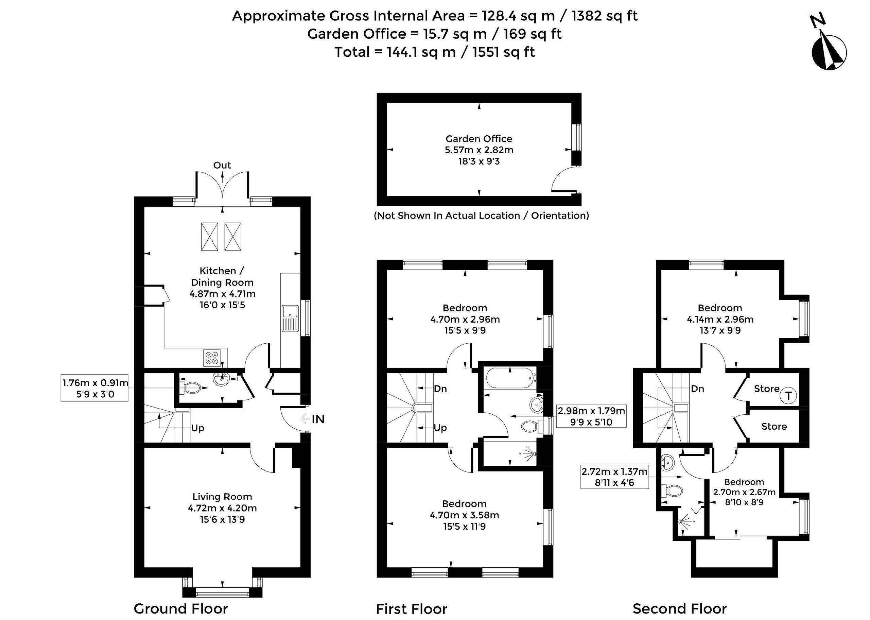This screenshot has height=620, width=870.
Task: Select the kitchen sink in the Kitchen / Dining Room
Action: [290, 318]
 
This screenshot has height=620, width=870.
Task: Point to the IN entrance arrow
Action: [305, 419]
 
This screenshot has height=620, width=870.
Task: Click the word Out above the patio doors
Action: [222, 165]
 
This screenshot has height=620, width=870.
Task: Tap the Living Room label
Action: [222, 497]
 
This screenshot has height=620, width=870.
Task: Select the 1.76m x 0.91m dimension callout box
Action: [94, 388]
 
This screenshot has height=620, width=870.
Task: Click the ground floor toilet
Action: [192, 388]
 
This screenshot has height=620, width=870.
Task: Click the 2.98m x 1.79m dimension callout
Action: [591, 416]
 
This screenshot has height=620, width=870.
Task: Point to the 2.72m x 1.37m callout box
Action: [614, 477]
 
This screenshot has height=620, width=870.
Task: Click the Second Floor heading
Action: [680, 608]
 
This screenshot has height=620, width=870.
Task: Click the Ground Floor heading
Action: [180, 608]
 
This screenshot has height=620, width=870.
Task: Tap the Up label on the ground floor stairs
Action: [198, 428]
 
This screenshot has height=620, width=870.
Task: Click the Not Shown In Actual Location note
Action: [482, 216]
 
